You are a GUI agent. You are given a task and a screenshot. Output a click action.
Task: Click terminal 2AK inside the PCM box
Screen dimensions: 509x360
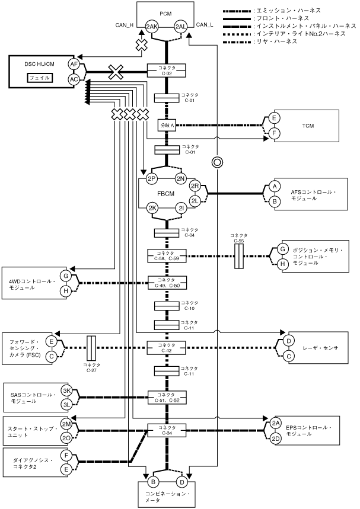152,27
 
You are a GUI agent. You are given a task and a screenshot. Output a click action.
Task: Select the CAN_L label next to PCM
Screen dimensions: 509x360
205,24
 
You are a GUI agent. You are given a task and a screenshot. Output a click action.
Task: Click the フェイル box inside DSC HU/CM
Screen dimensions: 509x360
40,78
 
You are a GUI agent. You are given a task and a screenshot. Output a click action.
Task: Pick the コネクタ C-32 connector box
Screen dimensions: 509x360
166,71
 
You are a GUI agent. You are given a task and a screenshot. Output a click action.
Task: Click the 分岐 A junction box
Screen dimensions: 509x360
166,126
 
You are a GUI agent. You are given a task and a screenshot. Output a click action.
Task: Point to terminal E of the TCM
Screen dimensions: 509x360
274,118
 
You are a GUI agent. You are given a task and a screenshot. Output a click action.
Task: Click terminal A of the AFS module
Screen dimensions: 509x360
274,186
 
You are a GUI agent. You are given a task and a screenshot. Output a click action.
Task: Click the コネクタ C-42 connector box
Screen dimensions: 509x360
166,348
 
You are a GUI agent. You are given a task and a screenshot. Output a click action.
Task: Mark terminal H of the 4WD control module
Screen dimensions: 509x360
66,290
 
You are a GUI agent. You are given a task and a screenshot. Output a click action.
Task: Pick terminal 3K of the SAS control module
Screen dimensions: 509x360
66,391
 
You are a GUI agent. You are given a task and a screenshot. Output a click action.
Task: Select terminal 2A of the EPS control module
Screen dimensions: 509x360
275,423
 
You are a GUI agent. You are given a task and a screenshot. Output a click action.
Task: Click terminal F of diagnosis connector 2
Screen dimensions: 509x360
66,456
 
